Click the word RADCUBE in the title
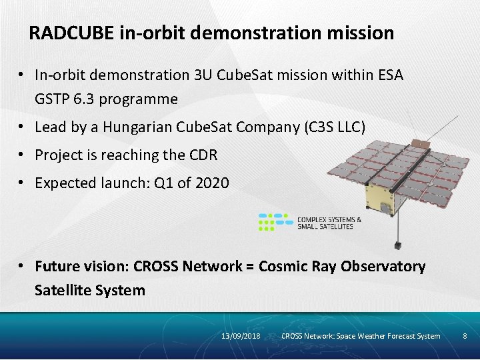point(73,33)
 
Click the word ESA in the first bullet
point(389,75)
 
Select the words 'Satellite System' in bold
point(89,291)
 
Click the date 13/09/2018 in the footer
point(241,336)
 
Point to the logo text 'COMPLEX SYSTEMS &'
point(329,219)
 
